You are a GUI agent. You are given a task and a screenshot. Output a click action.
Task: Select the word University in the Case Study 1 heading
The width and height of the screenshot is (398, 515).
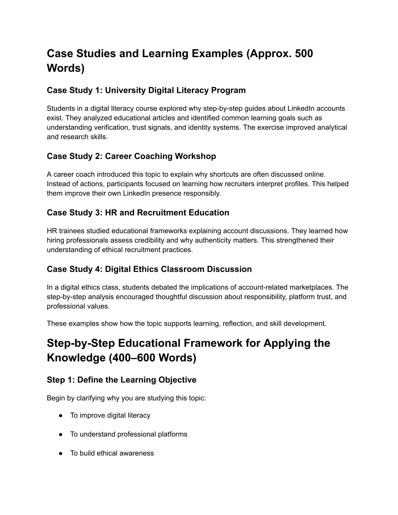coord(124,91)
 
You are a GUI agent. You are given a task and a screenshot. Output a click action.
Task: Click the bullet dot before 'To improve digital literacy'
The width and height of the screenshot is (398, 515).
coord(61,415)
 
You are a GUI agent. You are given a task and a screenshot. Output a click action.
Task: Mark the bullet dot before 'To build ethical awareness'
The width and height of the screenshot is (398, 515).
coord(61,453)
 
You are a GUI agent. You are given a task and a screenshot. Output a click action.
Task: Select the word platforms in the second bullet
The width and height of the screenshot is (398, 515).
coord(173,434)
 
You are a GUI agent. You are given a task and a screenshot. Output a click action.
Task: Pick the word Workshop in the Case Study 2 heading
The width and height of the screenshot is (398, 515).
coord(196,156)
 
